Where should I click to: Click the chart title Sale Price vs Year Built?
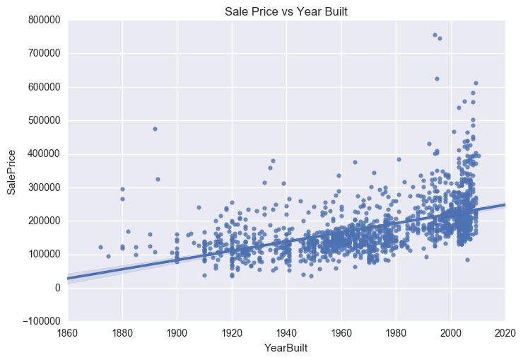pyautogui.click(x=286, y=12)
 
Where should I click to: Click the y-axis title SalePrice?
pyautogui.click(x=11, y=170)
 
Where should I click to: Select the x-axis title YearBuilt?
pyautogui.click(x=286, y=348)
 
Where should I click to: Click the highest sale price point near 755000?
pyautogui.click(x=435, y=35)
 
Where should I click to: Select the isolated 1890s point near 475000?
pyautogui.click(x=155, y=129)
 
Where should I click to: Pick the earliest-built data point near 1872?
pyautogui.click(x=100, y=247)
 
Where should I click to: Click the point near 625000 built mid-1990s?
pyautogui.click(x=437, y=79)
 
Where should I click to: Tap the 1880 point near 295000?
pyautogui.click(x=122, y=189)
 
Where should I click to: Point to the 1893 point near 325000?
pyautogui.click(x=158, y=179)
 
